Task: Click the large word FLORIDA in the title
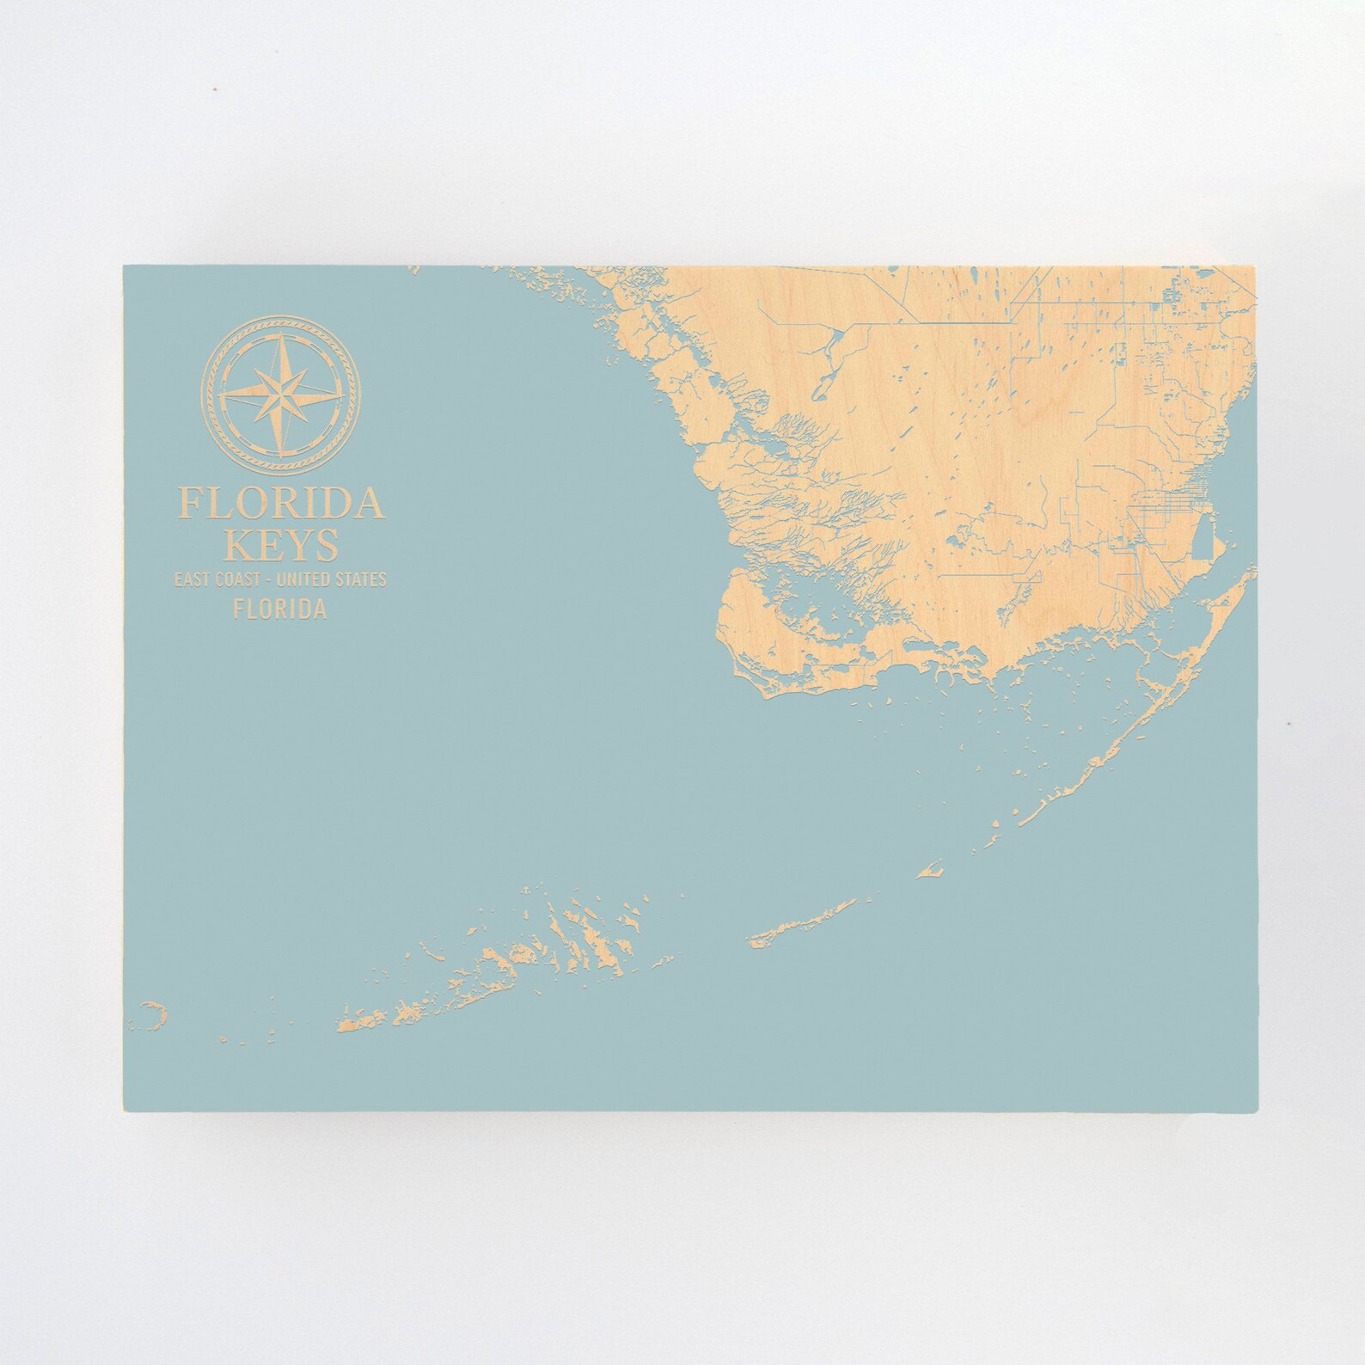(x=280, y=504)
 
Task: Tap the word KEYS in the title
(x=280, y=544)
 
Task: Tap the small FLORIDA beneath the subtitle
(x=280, y=609)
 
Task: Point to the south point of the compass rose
(x=280, y=450)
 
